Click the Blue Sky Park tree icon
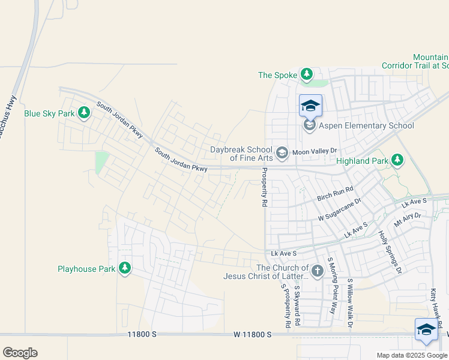click(84, 113)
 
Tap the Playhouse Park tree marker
click(125, 268)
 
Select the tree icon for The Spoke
click(307, 74)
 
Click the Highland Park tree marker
click(397, 160)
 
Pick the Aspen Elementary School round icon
click(310, 125)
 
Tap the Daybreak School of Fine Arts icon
click(282, 154)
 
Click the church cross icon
click(318, 272)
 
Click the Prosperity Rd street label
click(264, 188)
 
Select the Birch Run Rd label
click(335, 193)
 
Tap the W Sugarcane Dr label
click(340, 209)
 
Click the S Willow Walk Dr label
click(349, 304)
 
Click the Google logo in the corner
click(20, 353)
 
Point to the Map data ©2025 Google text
click(411, 355)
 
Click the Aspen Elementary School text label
click(366, 125)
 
